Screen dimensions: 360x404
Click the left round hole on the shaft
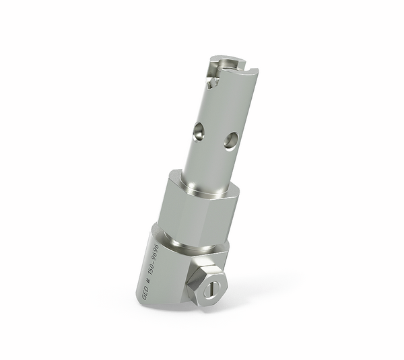tap(198, 131)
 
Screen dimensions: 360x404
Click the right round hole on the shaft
tap(230, 140)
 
